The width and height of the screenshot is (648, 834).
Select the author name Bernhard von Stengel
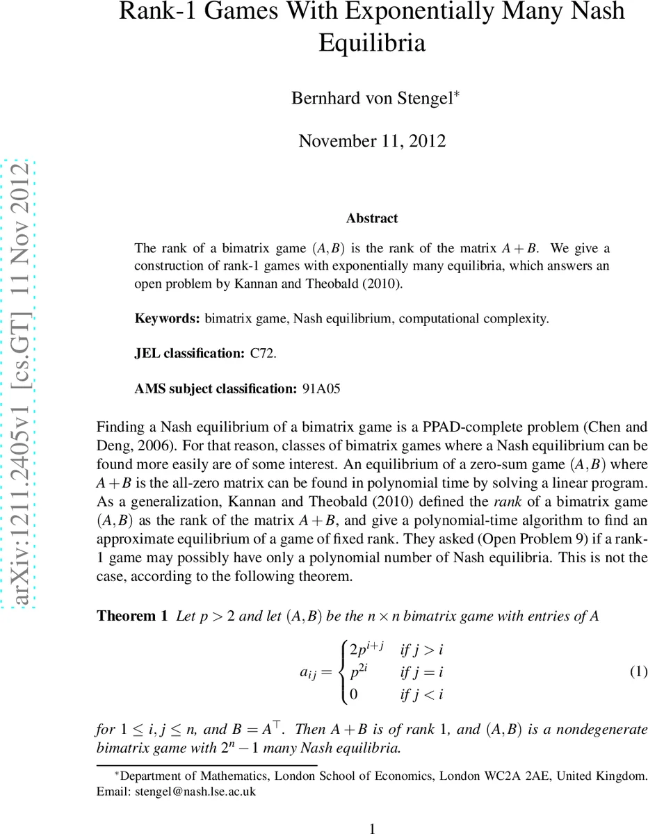click(372, 98)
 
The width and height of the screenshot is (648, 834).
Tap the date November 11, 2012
click(372, 140)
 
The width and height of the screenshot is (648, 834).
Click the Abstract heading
click(372, 218)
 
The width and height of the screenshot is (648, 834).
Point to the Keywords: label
click(168, 319)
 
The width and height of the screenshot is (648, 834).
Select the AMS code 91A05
click(321, 389)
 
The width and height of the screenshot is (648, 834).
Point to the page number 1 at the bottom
click(372, 828)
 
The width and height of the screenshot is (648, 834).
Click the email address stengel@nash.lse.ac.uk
click(198, 792)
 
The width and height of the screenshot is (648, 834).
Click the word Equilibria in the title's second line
click(372, 43)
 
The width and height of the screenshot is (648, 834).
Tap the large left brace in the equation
click(341, 671)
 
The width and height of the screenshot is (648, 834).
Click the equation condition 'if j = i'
click(422, 671)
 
